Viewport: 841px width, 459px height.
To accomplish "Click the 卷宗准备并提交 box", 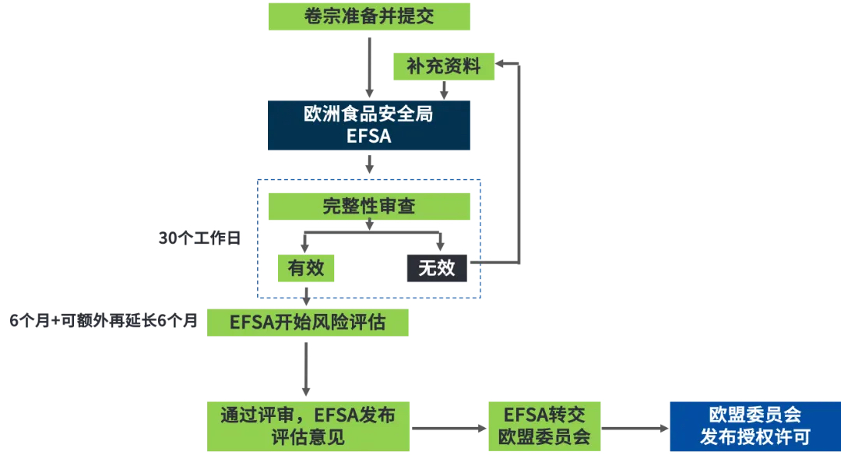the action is (x=369, y=16).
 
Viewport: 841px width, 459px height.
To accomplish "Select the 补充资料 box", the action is (x=444, y=66).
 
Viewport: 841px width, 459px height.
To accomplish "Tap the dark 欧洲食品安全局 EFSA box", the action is (x=369, y=125).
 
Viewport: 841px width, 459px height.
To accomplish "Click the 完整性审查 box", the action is (x=369, y=207).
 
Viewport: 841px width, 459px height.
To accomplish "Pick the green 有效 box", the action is (x=306, y=268).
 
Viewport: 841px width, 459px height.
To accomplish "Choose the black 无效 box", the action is (x=437, y=268).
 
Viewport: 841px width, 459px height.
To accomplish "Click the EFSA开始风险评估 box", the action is (x=308, y=322).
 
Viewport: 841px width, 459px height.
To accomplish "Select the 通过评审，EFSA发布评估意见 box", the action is (x=308, y=426).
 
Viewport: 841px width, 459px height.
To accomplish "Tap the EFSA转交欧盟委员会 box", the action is (x=544, y=426).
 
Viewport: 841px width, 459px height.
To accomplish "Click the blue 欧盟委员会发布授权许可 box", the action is (x=755, y=426).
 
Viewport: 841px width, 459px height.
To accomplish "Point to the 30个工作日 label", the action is (x=199, y=238).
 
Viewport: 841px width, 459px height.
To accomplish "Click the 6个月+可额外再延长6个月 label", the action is (x=104, y=320).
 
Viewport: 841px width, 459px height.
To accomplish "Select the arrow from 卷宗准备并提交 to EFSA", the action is (x=369, y=67).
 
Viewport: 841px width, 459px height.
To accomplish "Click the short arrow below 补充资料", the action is (x=444, y=90).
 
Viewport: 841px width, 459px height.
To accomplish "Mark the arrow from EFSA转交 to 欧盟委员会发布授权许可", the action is (x=635, y=429).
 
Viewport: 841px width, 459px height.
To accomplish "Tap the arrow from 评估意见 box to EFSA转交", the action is (x=449, y=429).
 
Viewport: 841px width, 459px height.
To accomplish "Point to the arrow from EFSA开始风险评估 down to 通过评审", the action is (x=306, y=369).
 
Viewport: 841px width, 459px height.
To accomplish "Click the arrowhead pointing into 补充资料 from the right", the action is (x=499, y=64).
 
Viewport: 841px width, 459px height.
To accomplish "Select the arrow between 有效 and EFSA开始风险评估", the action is (x=306, y=296).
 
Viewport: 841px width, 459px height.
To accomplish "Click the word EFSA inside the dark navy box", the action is (x=369, y=136).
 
